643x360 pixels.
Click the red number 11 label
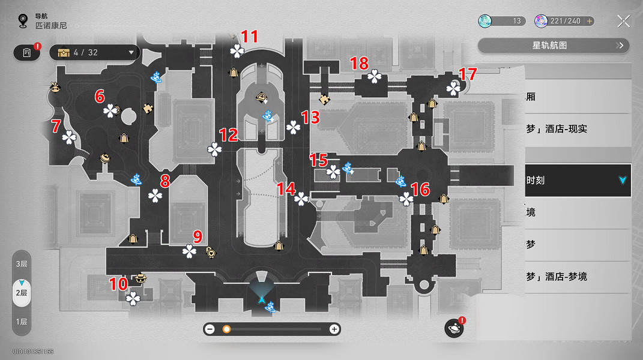pos(249,37)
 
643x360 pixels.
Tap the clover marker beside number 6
pos(111,110)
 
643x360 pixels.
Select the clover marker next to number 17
pos(453,89)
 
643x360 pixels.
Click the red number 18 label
pos(359,63)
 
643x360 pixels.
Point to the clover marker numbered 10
pos(133,298)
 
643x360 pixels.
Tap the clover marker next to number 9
pos(190,251)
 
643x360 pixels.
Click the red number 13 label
pos(310,118)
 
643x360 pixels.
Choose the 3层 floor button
pos(22,264)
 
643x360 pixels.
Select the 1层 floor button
pos(22,322)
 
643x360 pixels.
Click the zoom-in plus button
pos(334,329)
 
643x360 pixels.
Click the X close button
pos(624,22)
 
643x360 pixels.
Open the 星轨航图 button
pos(553,45)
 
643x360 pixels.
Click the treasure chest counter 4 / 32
pos(94,53)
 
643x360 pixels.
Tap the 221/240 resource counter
pos(565,21)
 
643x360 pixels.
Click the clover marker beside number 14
pos(301,199)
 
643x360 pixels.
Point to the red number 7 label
pos(56,126)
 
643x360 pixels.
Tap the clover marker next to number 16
pos(406,199)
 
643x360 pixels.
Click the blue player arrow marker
pos(262,298)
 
